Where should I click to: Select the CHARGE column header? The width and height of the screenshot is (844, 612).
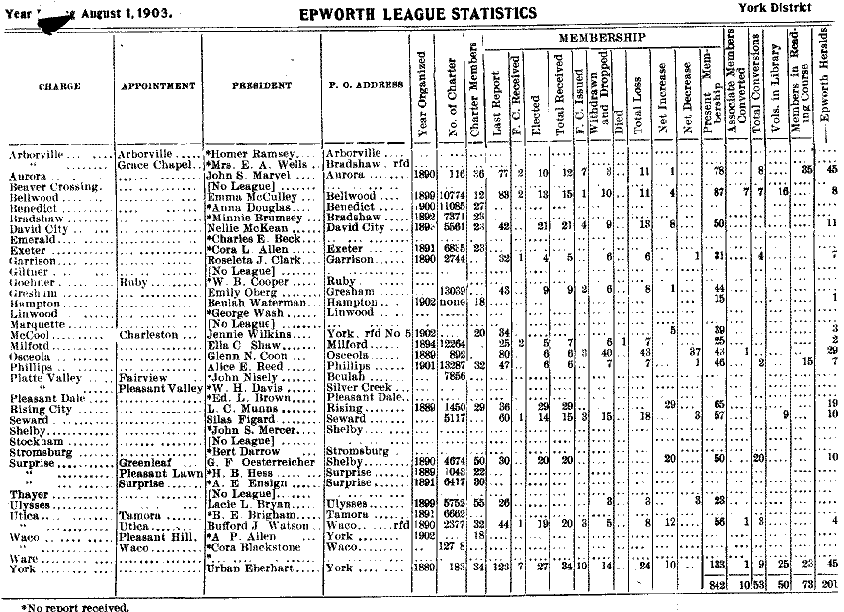point(59,86)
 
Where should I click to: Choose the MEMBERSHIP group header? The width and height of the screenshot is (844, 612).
point(602,37)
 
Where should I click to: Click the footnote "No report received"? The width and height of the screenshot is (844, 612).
point(74,606)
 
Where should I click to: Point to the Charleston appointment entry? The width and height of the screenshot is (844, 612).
point(147,335)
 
